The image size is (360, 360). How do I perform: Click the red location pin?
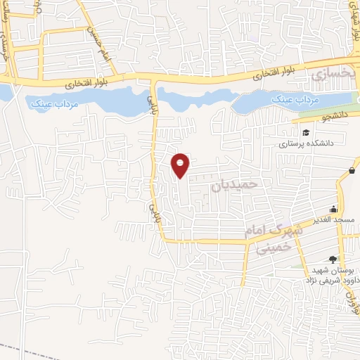(181, 165)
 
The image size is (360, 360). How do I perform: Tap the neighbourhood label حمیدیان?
(236, 185)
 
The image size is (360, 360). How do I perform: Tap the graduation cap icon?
(306, 132)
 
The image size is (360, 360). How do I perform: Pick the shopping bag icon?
(351, 169)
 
